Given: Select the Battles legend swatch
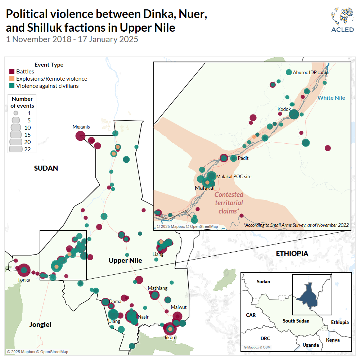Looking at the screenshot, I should coord(12,72).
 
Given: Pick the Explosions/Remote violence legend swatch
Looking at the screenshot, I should coord(12,79).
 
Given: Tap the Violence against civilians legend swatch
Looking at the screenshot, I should coord(12,86).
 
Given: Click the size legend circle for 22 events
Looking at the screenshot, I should coord(16,149).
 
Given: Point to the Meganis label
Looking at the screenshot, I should coord(81,127).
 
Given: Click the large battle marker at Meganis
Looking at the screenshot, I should coord(80,136).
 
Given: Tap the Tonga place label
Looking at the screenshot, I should coord(24,280).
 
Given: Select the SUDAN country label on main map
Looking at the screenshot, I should coord(46,168).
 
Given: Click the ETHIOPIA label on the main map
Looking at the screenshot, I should coord(292,253).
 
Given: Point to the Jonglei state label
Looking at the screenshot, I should coord(40,325).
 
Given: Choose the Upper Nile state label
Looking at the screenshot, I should coord(125,260).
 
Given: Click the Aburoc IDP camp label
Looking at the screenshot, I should coord(311,72).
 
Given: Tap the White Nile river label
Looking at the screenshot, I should coord(331,98).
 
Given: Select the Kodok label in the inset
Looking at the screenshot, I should coord(284,109).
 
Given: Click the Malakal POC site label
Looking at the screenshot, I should coord(234,176).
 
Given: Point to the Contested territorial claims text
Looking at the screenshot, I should coord(229,203).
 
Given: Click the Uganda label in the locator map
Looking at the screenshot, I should coord(310,345).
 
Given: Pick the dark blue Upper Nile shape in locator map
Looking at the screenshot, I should coord(308,295).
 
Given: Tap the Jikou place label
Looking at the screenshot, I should coord(169,337).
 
